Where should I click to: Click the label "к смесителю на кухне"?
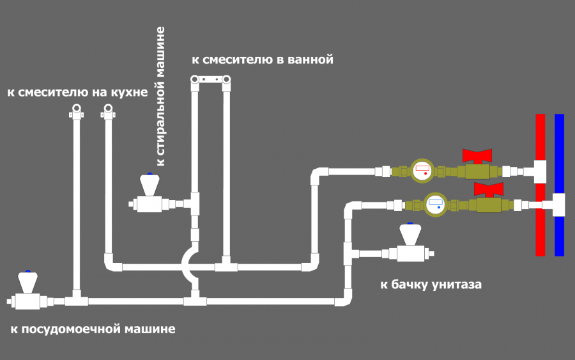[77, 93]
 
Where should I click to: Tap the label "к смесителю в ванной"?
[263, 60]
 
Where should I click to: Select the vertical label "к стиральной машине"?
[161, 96]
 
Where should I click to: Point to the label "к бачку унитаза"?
[431, 284]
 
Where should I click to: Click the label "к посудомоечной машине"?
[93, 329]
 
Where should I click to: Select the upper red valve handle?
[477, 155]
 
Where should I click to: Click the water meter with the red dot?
[422, 171]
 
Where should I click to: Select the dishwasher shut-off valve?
[27, 292]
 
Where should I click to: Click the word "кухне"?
[130, 93]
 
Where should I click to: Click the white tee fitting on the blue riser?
[557, 205]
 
